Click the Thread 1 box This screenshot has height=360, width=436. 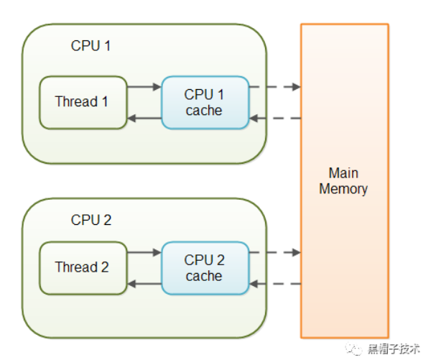pos(83,102)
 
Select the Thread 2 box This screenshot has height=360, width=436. pos(83,267)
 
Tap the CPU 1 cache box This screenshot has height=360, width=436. pos(205,102)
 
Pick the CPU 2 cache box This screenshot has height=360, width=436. pos(205,267)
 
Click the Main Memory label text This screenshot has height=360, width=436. pos(343,181)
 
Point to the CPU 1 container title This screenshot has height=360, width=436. pos(91,46)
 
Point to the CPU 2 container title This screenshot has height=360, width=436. pos(91,220)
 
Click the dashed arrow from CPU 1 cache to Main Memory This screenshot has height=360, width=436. pos(274,87)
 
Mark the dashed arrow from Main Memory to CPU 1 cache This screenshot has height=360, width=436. pos(274,119)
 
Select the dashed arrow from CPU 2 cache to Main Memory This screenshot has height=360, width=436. pos(274,252)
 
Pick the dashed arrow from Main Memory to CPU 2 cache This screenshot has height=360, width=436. pos(274,284)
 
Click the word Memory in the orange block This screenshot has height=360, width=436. pos(343,190)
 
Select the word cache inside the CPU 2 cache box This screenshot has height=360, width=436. pos(204,276)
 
